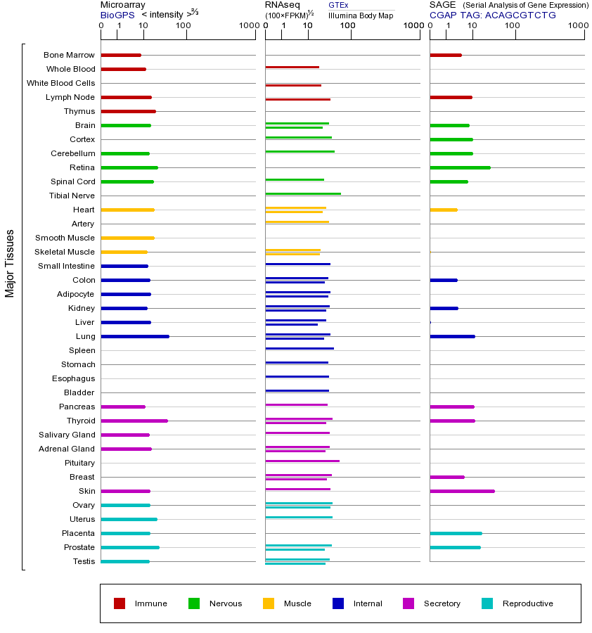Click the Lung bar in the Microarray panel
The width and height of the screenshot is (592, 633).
click(135, 336)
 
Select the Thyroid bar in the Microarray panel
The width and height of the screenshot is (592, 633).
click(134, 421)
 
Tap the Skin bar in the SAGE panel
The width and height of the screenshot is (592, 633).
click(462, 491)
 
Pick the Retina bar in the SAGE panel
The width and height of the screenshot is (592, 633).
click(460, 167)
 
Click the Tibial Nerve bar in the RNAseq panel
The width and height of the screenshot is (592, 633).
click(303, 193)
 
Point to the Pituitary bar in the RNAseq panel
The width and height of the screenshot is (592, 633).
click(302, 461)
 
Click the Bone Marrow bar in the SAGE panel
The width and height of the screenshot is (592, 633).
click(446, 55)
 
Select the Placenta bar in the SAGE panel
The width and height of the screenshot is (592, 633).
click(456, 533)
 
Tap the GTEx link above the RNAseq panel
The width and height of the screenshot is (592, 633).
click(338, 5)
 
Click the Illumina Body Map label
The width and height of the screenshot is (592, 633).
click(361, 15)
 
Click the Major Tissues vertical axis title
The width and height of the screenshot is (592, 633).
click(10, 263)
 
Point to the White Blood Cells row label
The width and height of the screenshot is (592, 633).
click(60, 83)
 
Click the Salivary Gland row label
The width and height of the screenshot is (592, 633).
click(67, 435)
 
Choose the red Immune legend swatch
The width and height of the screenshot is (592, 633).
click(120, 603)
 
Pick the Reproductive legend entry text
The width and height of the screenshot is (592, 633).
click(527, 603)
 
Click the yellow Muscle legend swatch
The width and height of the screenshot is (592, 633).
click(269, 603)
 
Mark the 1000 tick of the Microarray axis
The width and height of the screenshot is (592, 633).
click(247, 26)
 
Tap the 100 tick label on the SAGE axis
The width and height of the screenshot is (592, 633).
click(513, 26)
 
